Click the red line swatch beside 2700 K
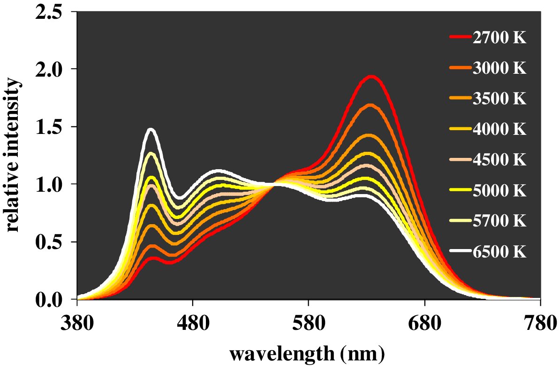point(460,38)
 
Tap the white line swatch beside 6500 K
point(460,252)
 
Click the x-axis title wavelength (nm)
point(308,353)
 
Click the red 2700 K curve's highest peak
point(371,76)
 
